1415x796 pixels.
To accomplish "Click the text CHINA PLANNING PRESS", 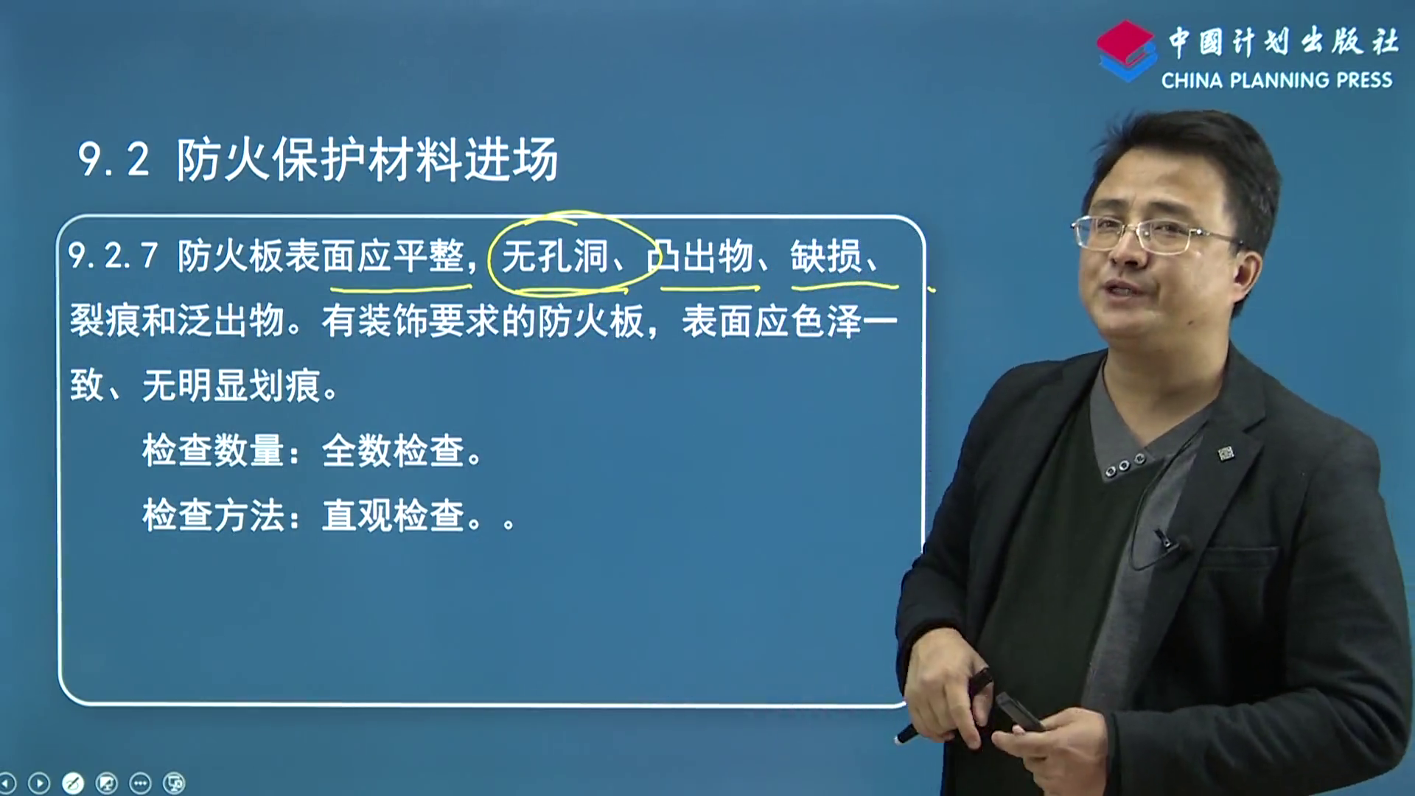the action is coord(1276,80).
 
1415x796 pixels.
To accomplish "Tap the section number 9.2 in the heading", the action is coord(113,159).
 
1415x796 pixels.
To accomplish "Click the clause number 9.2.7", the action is coord(113,256).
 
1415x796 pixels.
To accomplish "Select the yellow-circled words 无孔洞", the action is coord(554,256).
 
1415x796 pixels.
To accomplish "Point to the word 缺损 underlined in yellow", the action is coord(825,256).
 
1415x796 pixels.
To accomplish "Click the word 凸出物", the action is coord(699,256).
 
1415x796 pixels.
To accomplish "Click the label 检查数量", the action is coord(213,450).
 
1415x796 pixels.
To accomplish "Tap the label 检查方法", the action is coord(213,515).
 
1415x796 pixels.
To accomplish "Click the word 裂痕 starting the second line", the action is coord(105,321).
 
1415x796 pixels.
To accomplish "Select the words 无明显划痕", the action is coord(231,385).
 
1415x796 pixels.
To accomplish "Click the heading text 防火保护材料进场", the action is coord(367,159).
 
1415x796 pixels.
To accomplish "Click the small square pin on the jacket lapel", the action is coord(1226,453).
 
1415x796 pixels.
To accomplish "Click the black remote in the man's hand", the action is coord(1019,712).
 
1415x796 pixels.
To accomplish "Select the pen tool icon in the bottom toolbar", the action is coord(73,783).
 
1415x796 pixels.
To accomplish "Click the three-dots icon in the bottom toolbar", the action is coord(140,783).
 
